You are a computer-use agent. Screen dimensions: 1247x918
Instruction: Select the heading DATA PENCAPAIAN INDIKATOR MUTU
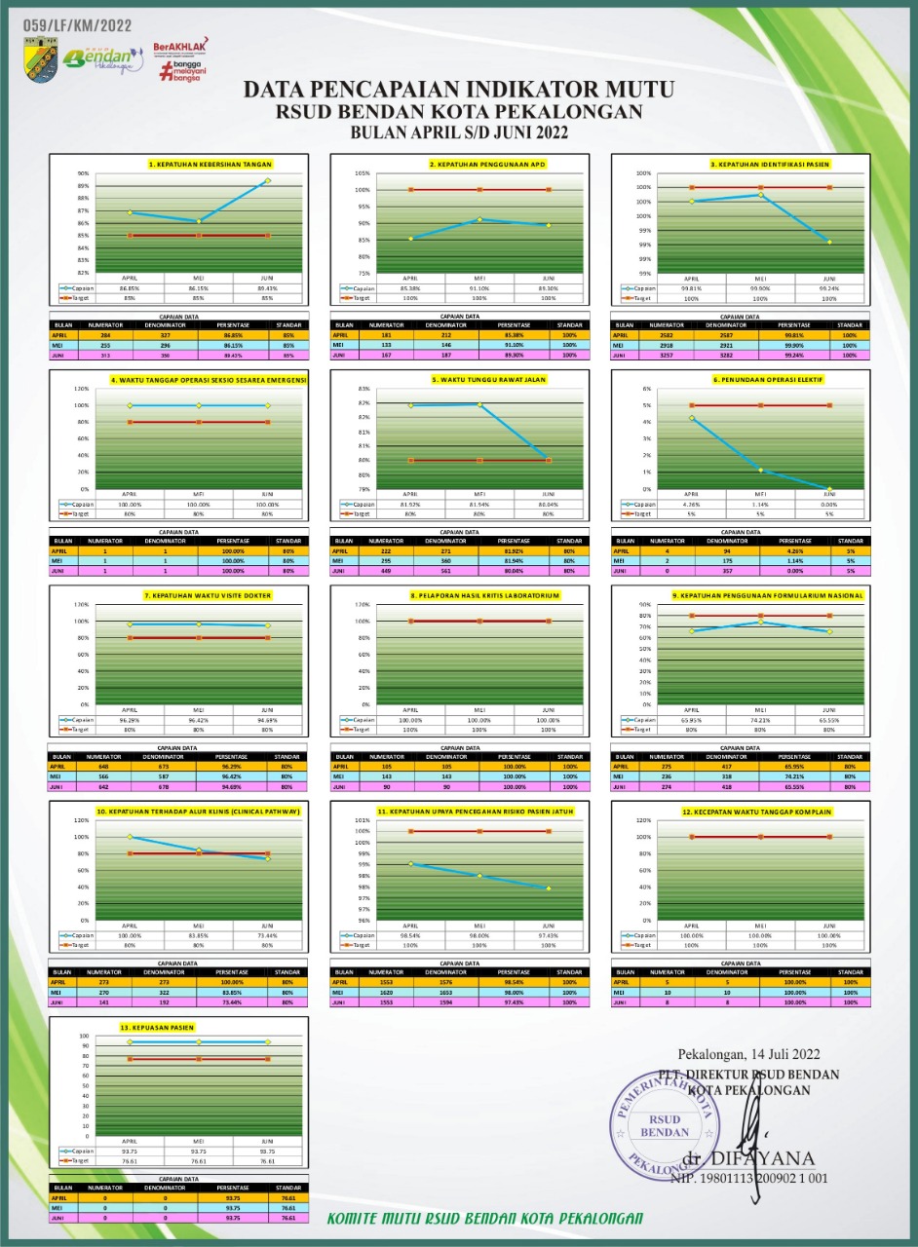[458, 90]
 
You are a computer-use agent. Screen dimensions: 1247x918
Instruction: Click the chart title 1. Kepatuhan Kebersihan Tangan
[210, 165]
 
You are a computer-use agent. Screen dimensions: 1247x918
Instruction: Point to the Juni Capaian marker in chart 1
[268, 180]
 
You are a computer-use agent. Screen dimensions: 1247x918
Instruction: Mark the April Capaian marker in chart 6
[691, 417]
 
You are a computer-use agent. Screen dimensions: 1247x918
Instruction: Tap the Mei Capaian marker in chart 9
[760, 623]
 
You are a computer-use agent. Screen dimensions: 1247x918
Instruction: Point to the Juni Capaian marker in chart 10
[268, 858]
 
